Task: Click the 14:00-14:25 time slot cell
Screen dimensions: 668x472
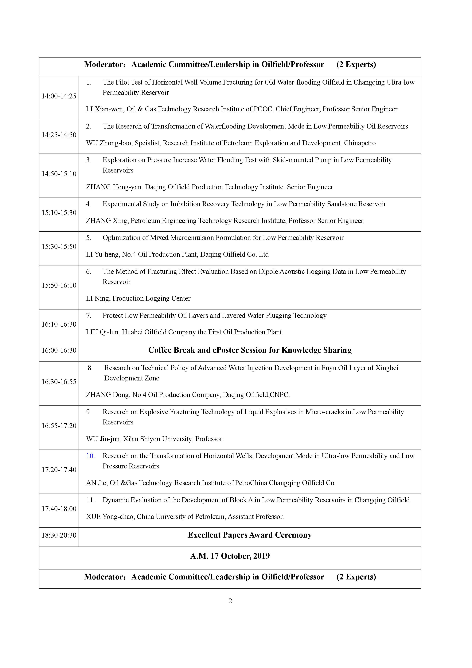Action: (59, 96)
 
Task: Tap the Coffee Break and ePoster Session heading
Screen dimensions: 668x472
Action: (250, 350)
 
